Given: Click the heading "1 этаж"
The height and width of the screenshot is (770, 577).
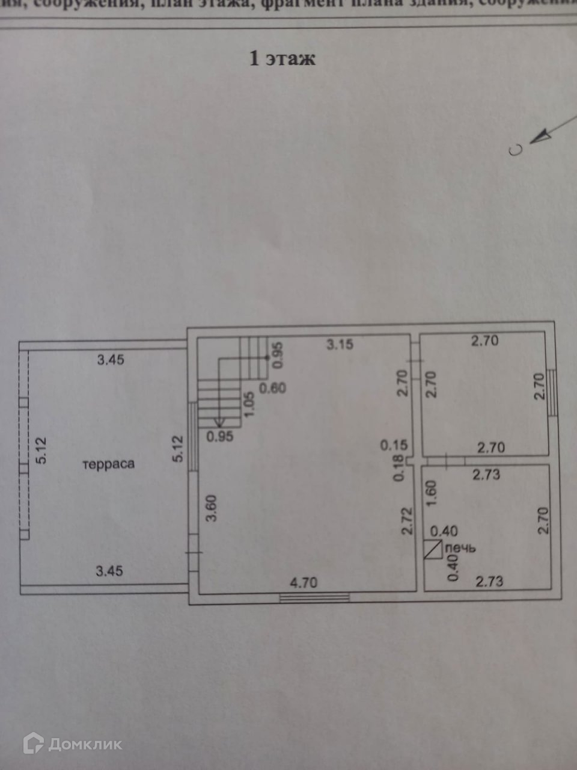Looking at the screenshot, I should (282, 59).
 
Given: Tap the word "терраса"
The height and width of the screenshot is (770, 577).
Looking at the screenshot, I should (109, 464).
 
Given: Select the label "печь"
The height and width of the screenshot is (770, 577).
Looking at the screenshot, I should (462, 548).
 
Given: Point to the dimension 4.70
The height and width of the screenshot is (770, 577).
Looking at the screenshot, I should (304, 582).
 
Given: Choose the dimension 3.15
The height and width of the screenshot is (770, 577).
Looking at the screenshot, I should (340, 345).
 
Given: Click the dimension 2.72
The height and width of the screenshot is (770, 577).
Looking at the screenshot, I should (408, 521).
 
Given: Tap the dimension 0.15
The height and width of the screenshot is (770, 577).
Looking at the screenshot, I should (394, 446).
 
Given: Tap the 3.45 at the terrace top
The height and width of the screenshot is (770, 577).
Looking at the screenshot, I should (111, 360).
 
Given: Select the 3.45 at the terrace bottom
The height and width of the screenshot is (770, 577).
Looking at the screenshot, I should (109, 570).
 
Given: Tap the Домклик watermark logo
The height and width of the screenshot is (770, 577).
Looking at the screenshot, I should (73, 744).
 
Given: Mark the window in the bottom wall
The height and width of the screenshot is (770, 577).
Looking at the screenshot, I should (314, 597).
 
